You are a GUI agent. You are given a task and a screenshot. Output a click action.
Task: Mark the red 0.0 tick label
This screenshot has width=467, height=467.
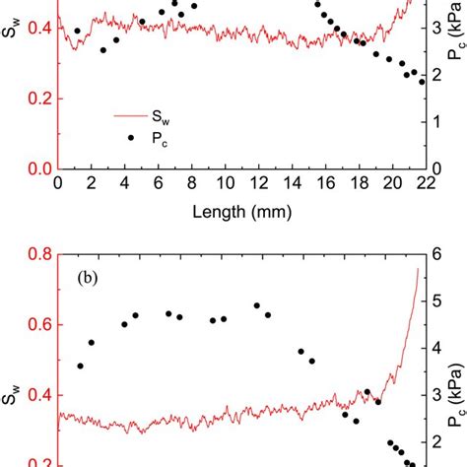37,168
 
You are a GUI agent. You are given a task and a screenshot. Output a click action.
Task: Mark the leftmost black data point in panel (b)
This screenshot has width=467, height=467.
81,366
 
